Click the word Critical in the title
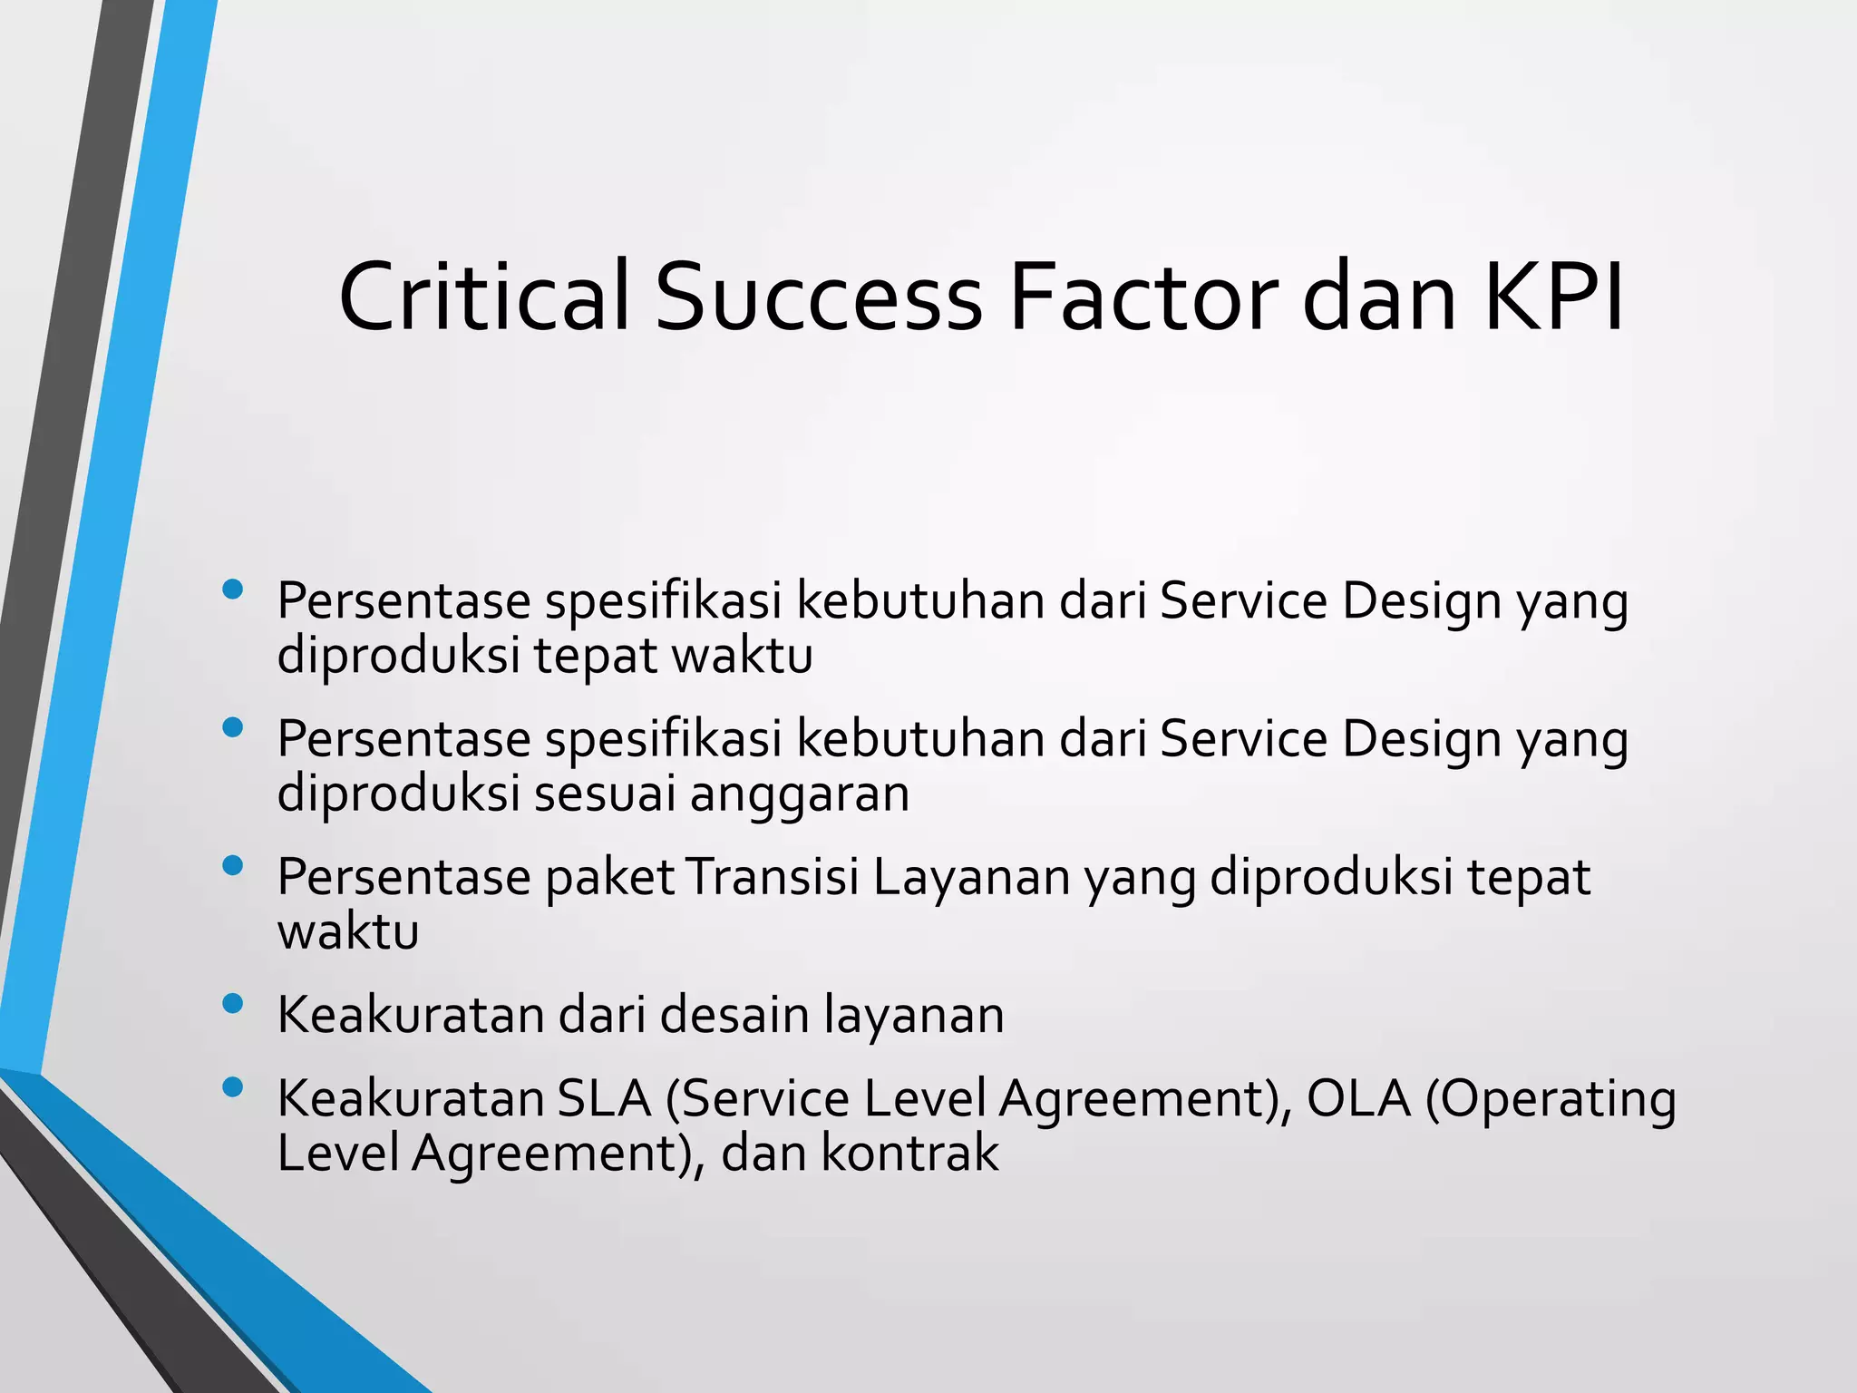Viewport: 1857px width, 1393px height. point(483,297)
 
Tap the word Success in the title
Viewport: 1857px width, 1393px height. point(819,297)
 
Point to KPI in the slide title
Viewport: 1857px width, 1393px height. point(1553,297)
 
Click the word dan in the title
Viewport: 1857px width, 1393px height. point(1378,297)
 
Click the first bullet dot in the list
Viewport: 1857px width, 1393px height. point(232,589)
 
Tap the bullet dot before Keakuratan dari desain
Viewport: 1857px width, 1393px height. point(232,1003)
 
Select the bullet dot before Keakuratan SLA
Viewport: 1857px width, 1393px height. point(232,1086)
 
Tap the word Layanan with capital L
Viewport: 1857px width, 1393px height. point(971,877)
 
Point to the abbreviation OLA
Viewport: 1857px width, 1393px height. point(1358,1098)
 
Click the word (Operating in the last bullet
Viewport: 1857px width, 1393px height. point(1551,1100)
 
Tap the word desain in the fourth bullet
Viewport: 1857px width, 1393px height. point(734,1015)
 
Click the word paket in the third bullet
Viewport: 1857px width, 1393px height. point(609,878)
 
